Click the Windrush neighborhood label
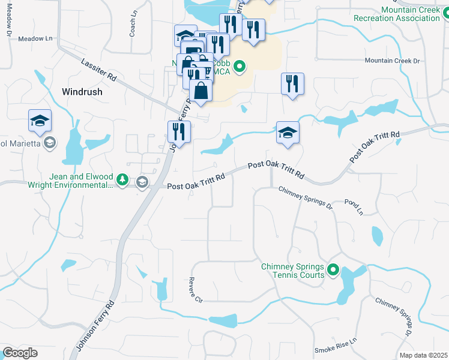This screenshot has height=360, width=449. [x=82, y=92]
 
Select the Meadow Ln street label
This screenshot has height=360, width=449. [x=35, y=38]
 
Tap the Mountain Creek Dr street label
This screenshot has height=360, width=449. [x=394, y=61]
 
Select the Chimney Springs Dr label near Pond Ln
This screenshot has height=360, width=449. [x=305, y=197]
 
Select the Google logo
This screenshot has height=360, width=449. [x=20, y=353]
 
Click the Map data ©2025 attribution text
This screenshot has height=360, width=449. [x=423, y=355]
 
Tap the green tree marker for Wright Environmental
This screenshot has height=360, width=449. [x=122, y=179]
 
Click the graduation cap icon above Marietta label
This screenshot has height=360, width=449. [x=40, y=121]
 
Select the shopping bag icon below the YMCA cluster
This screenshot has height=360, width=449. [x=201, y=92]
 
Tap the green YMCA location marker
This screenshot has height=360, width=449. [x=240, y=66]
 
